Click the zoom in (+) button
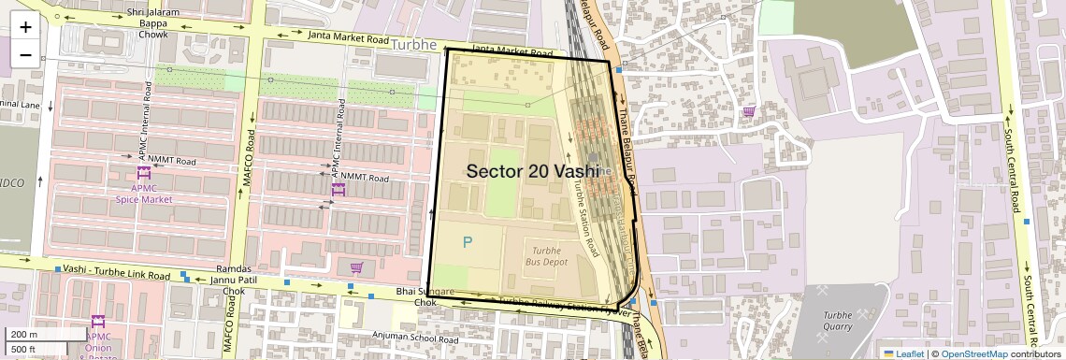[x=25, y=27]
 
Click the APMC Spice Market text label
[x=144, y=193]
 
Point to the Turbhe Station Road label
[x=584, y=218]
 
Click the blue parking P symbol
[x=468, y=242]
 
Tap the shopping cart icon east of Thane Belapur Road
[x=748, y=112]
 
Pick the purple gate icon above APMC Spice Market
[x=143, y=172]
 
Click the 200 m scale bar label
[x=24, y=335]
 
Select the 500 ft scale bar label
[x=24, y=349]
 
